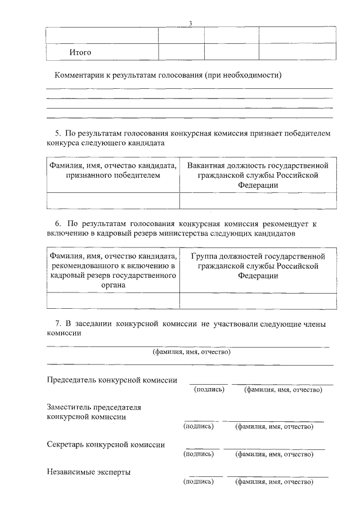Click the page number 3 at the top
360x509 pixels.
click(191, 23)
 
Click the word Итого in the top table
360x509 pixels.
click(80, 52)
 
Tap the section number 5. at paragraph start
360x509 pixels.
click(57, 133)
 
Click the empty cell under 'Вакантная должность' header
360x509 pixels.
click(258, 201)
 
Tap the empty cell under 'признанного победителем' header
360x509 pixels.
click(112, 201)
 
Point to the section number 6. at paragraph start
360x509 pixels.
click(57, 223)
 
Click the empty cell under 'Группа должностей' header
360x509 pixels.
click(258, 301)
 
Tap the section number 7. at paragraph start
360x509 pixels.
click(57, 324)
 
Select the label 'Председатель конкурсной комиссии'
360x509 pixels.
click(112, 380)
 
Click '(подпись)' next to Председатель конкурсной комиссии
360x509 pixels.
click(209, 389)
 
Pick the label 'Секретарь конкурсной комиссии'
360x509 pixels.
click(106, 444)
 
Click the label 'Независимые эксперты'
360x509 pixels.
click(88, 472)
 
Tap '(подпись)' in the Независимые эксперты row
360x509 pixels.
click(199, 481)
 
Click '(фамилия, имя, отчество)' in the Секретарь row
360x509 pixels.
click(274, 454)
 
